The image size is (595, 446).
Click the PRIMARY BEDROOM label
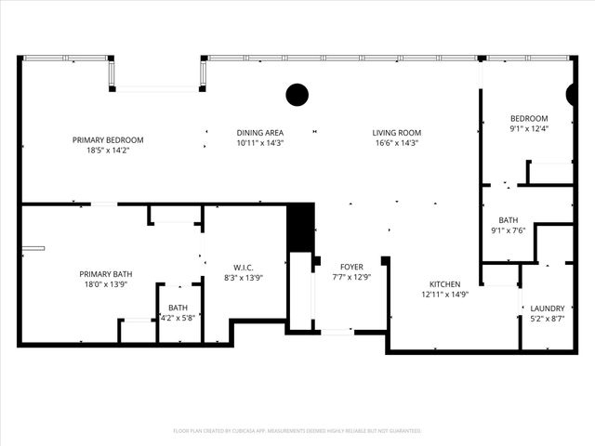108,139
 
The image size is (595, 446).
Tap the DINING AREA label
259,132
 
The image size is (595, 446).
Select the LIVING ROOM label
397,132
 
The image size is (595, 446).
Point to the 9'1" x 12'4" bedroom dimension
529,129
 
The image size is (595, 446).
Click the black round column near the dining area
297,94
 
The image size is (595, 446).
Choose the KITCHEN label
445,283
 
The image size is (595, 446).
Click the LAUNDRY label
547,308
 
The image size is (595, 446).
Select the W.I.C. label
245,266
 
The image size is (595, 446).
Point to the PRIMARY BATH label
105,274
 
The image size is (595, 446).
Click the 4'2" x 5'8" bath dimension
178,318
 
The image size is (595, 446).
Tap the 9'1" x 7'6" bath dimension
509,230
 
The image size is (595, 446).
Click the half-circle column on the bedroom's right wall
572,94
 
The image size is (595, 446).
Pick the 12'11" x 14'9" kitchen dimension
445,295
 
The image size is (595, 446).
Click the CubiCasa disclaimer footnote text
297,431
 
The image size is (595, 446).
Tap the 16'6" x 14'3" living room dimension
397,143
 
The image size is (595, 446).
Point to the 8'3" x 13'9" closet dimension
245,277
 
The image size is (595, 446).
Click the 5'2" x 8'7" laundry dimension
547,319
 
